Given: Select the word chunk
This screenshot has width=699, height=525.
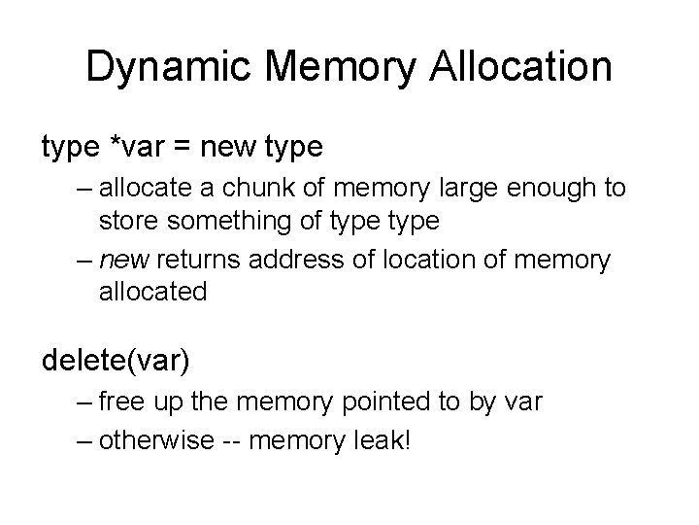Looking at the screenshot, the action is pyautogui.click(x=305, y=189).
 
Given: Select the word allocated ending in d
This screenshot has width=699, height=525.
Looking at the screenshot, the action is pyautogui.click(x=153, y=292).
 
